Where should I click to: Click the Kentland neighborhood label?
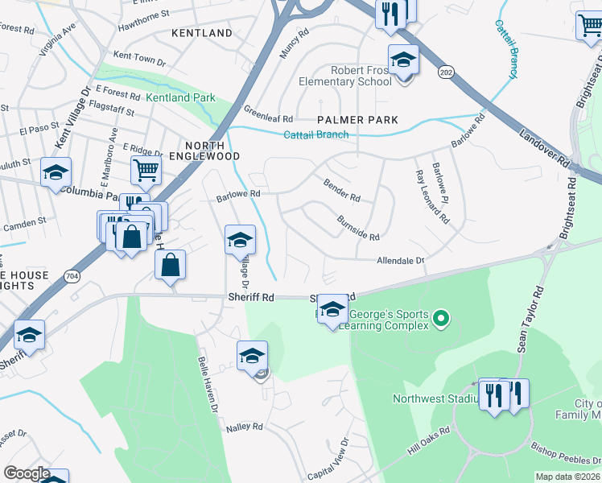pos(202,33)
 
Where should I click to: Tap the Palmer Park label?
pos(357,120)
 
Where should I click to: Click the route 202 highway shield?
pos(445,72)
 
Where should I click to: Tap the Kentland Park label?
pos(180,97)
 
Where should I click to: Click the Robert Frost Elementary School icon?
pos(403,60)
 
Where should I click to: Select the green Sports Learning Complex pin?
pos(440,320)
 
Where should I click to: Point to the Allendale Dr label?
pos(400,261)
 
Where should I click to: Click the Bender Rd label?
pos(342,189)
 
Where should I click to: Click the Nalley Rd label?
pos(245,427)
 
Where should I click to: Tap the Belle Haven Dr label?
pos(207,386)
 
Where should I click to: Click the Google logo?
pos(27,473)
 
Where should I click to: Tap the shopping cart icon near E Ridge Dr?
pos(146,171)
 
